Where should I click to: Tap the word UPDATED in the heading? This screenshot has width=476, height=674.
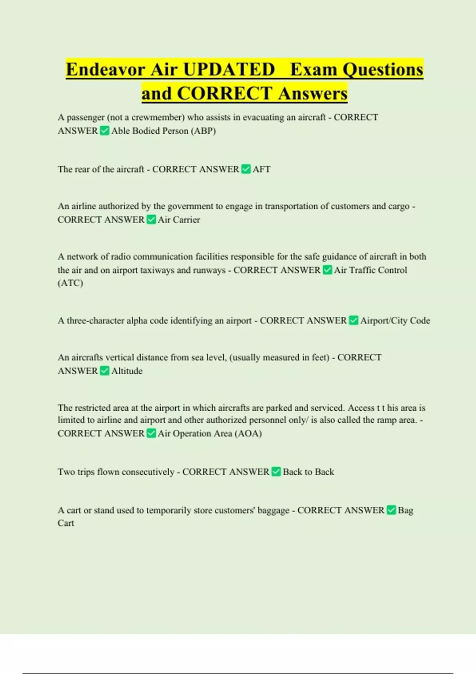coord(229,70)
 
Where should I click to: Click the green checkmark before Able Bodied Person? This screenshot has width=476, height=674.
coord(104,131)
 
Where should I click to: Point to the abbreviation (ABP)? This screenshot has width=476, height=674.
coord(203,131)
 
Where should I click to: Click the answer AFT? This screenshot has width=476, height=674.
coord(261,169)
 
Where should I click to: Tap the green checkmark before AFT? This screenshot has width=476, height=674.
coord(246,169)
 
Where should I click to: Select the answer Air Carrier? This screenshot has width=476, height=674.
coord(179,220)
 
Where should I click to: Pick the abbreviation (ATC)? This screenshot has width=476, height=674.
coord(70,283)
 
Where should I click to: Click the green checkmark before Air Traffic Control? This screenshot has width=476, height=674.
coord(327,270)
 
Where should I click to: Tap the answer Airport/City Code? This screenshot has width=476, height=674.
coord(395,320)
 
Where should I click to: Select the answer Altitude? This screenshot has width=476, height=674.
coord(127,371)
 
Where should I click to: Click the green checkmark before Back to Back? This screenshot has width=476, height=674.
coord(276,472)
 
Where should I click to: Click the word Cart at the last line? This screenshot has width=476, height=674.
coord(66,523)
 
